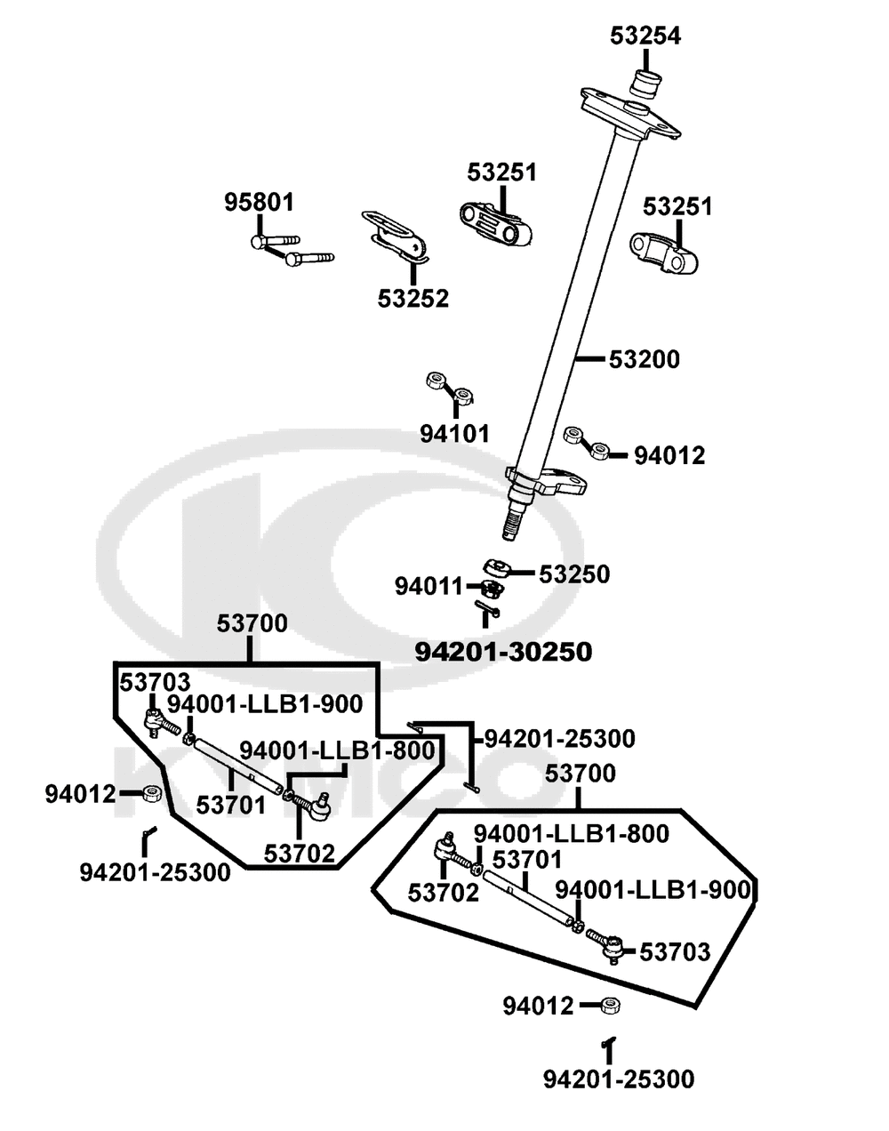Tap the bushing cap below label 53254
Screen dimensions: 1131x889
pyautogui.click(x=646, y=84)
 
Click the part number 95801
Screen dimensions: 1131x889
pyautogui.click(x=258, y=202)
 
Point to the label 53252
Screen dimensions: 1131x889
pyautogui.click(x=412, y=299)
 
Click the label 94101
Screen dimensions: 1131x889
pyautogui.click(x=455, y=434)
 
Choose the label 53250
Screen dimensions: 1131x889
pyautogui.click(x=574, y=574)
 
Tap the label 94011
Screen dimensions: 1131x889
pyautogui.click(x=429, y=587)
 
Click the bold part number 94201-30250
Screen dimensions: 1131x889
pyautogui.click(x=503, y=652)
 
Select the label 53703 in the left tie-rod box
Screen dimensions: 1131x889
pyautogui.click(x=156, y=683)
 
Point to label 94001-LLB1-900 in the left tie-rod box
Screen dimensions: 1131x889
pyautogui.click(x=265, y=704)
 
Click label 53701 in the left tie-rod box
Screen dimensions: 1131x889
pyautogui.click(x=231, y=806)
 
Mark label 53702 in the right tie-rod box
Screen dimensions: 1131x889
pyautogui.click(x=444, y=892)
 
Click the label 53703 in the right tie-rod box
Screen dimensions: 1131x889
pyautogui.click(x=676, y=953)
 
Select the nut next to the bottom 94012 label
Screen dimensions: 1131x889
pyautogui.click(x=609, y=1006)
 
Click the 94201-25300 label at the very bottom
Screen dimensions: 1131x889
pyautogui.click(x=619, y=1079)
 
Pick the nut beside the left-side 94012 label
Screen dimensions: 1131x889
pyautogui.click(x=152, y=793)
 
